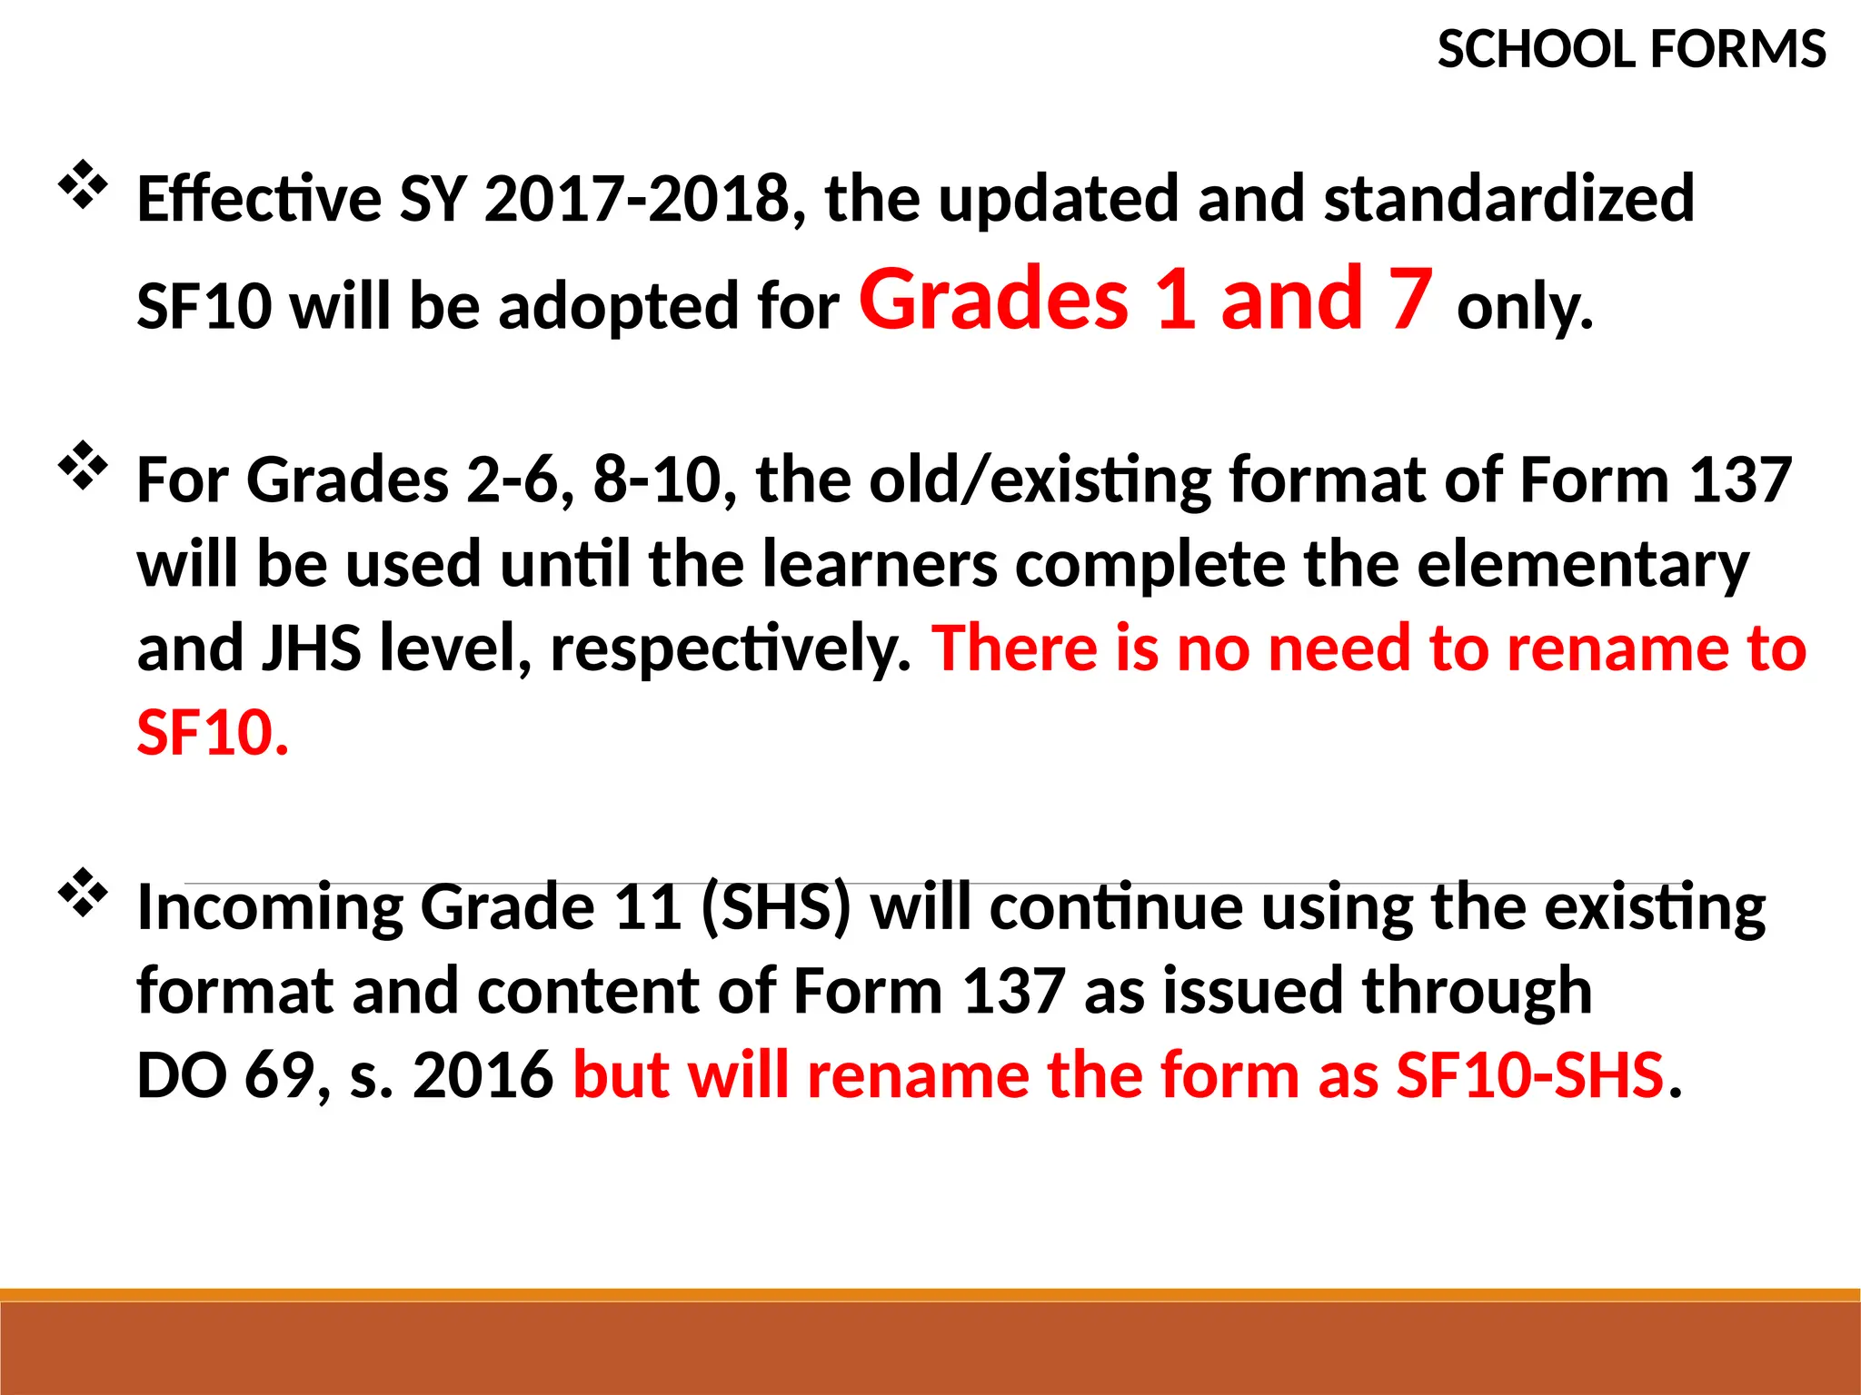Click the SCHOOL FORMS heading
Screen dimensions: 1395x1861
tap(1631, 50)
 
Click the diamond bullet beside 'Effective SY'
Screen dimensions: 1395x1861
tap(83, 184)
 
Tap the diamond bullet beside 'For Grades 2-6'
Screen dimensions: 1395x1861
tap(83, 466)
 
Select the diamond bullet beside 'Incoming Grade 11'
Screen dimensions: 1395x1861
tap(83, 893)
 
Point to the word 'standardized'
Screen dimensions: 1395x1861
tap(1509, 199)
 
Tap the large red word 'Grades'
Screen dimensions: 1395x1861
tap(993, 299)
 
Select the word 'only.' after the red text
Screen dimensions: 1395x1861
tap(1525, 307)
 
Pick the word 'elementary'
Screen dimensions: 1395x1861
tap(1583, 565)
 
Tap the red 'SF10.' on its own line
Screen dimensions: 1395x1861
tap(213, 733)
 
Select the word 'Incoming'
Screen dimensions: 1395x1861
tap(269, 909)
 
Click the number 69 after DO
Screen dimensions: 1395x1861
tap(280, 1075)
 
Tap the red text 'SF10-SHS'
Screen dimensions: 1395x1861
tap(1529, 1075)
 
